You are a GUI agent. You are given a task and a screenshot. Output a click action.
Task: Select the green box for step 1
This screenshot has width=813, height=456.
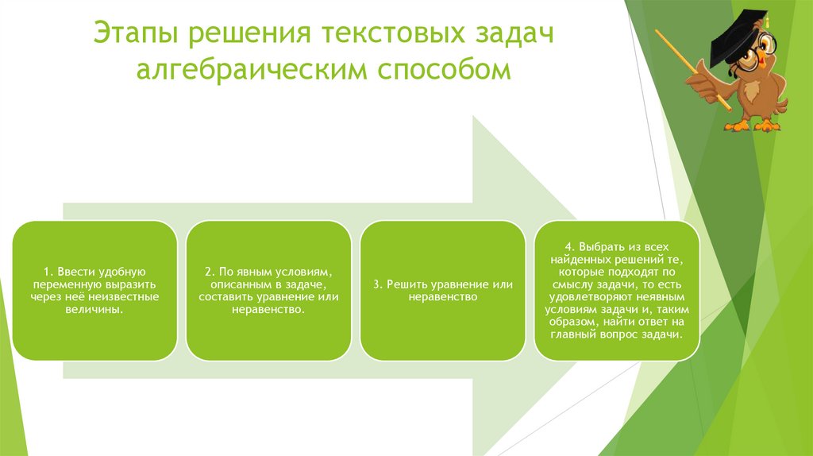click(94, 290)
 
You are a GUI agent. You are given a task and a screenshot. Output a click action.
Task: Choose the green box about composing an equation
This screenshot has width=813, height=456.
click(268, 290)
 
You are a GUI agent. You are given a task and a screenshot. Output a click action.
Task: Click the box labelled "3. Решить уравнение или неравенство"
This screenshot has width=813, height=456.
click(442, 290)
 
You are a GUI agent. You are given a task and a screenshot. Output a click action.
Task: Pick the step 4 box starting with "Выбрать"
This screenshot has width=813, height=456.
click(616, 290)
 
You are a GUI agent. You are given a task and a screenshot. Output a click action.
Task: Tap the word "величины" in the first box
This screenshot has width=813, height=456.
click(94, 309)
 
